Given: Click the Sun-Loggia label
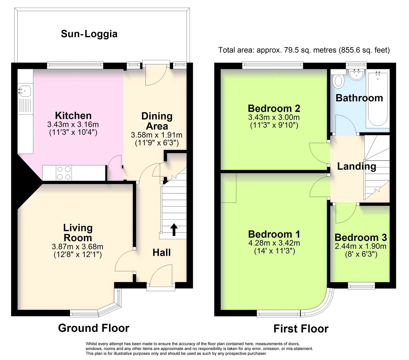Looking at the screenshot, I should coord(89,34).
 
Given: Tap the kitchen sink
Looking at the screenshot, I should coord(25,90).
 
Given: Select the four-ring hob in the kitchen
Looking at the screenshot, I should coord(64,173).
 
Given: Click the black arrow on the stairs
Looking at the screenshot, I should coord(174,229).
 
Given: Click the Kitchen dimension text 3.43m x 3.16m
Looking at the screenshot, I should coord(73,125).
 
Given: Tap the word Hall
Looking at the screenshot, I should coord(161,253).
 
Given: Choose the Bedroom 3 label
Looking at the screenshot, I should coord(360,237).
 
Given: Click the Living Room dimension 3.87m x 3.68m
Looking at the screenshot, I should coord(77,247).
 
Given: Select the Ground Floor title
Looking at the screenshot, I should coord(94,328).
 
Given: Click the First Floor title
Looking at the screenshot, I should coord(301,329).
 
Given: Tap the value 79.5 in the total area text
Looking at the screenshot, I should coord(291,50).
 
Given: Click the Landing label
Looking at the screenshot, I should coord(357,166).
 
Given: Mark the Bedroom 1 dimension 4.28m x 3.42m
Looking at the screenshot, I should coord(274,243).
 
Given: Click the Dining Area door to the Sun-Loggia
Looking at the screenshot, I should coord(156,75).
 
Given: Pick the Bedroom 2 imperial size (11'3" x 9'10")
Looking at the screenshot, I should coord(274,125).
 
